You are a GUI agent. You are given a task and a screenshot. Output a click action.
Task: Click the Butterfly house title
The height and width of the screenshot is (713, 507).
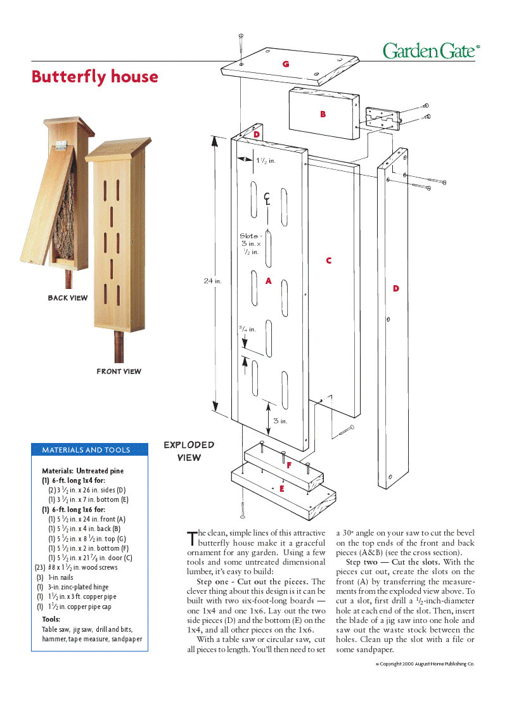95,77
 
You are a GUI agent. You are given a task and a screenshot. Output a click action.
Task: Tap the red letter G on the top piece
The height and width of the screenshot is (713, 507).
286,64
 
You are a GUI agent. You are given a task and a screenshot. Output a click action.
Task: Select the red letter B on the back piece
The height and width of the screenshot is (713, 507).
323,115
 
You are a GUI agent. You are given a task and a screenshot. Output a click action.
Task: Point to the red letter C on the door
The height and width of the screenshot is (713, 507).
328,260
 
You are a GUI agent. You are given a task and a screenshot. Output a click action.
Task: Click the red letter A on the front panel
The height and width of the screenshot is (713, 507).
269,281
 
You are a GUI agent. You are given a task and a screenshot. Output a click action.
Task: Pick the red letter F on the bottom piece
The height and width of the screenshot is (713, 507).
289,466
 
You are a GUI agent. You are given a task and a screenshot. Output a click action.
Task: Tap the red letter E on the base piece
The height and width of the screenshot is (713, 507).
281,489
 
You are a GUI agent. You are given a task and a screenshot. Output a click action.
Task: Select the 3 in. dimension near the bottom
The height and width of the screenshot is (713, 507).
280,421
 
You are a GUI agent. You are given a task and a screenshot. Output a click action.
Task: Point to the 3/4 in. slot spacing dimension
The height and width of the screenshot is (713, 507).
247,329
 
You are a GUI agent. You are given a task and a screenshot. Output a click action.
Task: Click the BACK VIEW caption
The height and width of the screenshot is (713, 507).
68,298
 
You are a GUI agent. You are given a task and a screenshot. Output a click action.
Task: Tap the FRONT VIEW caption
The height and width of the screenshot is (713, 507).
119,371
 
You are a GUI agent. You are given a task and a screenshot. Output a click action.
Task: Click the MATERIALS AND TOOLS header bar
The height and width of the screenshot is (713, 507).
89,450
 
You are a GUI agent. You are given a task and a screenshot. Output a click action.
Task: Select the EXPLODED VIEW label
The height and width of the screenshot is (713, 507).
189,451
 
